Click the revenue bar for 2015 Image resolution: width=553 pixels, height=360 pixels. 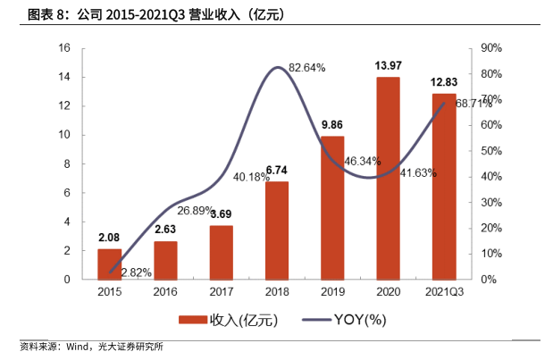[109, 264]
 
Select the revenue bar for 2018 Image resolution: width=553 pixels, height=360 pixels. [277, 230]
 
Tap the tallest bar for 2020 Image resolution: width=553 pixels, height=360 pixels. [388, 179]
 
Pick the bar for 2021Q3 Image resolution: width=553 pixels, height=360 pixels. [443, 187]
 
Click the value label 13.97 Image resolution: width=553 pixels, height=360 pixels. [388, 66]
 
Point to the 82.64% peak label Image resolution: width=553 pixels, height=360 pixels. [306, 67]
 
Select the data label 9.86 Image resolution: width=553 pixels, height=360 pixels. [332, 125]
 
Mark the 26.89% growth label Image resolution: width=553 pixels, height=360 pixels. [195, 211]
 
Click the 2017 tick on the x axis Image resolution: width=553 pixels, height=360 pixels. [221, 292]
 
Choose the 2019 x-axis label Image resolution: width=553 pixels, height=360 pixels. [332, 292]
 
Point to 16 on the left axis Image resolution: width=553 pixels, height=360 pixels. [65, 48]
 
